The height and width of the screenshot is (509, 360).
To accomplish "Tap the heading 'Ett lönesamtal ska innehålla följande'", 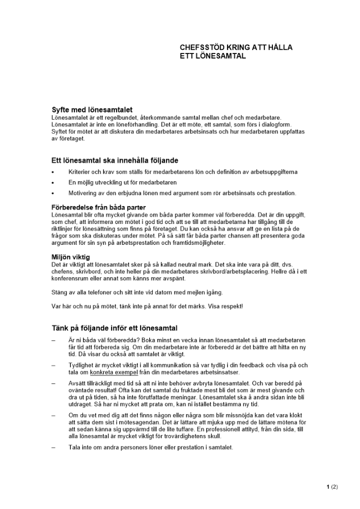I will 115,160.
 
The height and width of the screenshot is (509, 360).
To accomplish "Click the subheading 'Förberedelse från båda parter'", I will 99,207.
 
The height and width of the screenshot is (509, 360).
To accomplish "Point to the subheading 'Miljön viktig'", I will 71,257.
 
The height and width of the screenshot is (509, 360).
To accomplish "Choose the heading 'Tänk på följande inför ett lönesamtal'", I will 115,328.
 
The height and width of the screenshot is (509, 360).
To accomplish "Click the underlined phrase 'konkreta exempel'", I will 114,372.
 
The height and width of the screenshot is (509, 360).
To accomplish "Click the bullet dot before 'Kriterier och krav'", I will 53,172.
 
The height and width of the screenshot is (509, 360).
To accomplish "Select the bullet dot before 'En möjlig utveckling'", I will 53,183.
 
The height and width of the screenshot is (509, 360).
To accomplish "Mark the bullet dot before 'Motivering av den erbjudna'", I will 53,193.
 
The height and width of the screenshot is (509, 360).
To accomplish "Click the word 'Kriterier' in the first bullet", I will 80,172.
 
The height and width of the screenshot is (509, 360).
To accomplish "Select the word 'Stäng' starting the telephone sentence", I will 60,292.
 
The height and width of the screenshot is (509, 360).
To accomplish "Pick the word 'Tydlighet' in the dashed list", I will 82,365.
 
